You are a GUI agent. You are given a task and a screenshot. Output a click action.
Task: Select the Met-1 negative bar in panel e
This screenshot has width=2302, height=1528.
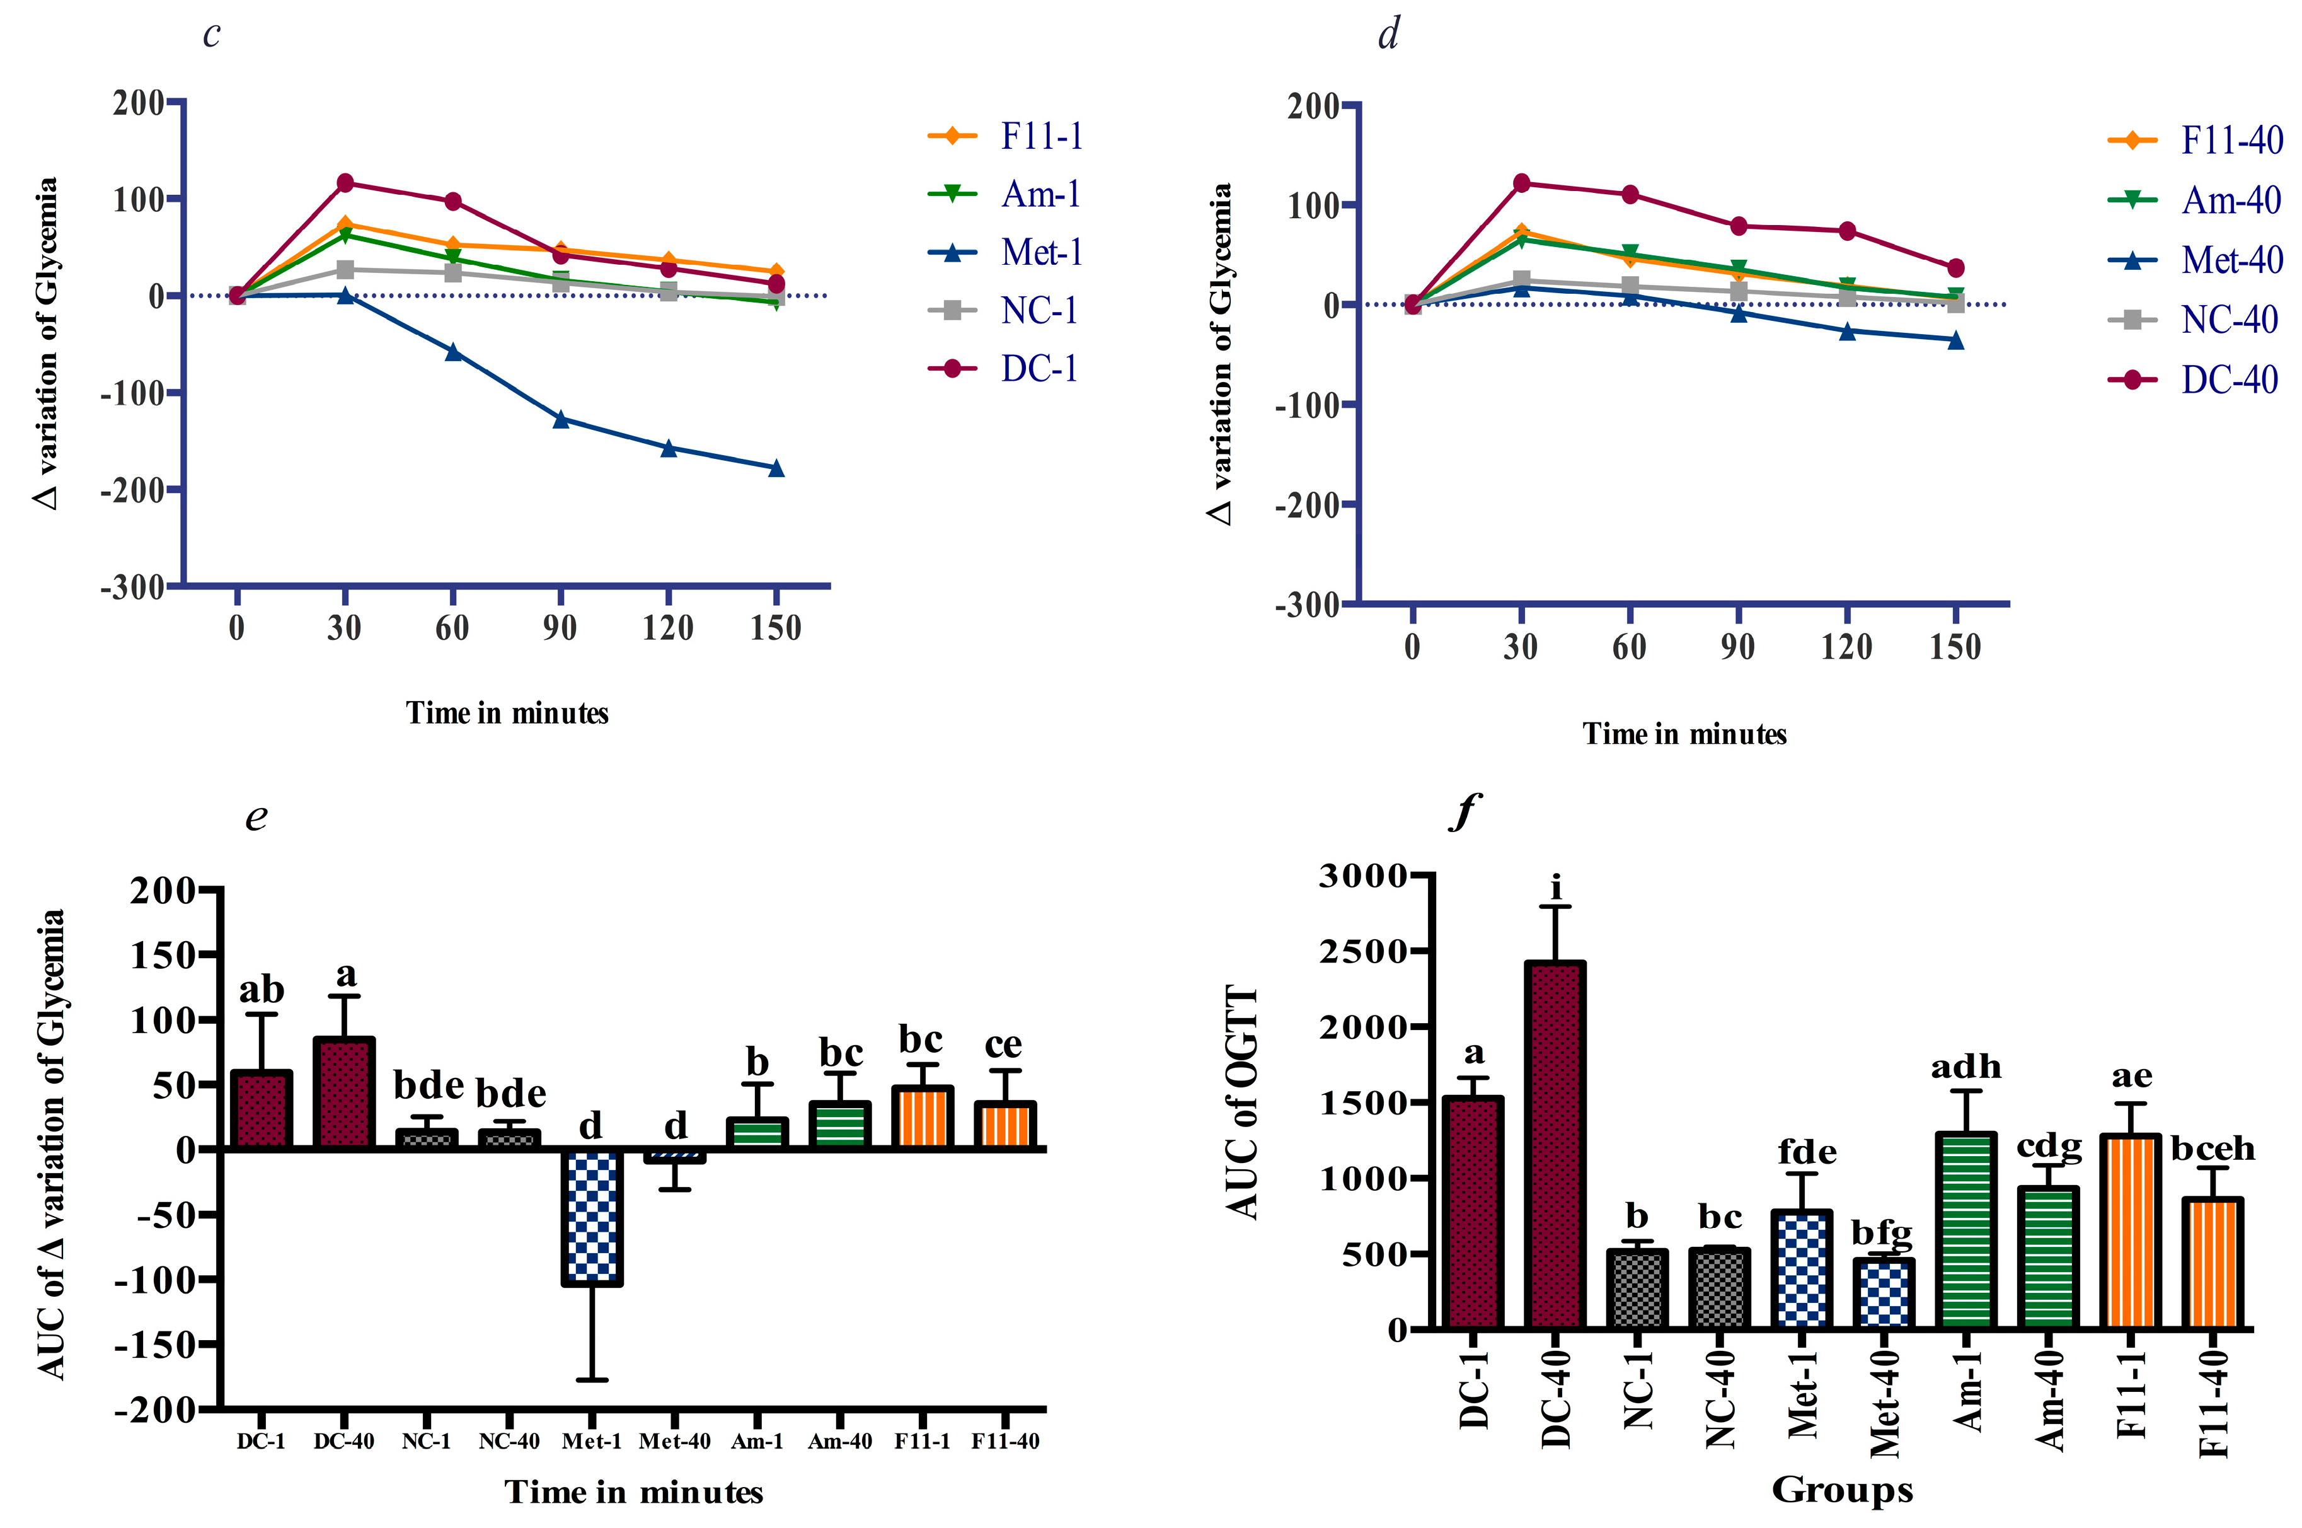tap(591, 1216)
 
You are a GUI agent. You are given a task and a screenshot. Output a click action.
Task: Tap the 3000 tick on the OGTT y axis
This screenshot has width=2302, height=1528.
tap(1362, 876)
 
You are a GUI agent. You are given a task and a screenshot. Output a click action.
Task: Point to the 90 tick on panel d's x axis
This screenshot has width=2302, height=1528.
tap(1737, 647)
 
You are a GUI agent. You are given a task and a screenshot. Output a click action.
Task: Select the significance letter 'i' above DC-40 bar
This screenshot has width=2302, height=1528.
tap(1556, 888)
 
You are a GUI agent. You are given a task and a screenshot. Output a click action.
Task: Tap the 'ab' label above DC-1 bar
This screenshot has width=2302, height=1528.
tap(261, 990)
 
